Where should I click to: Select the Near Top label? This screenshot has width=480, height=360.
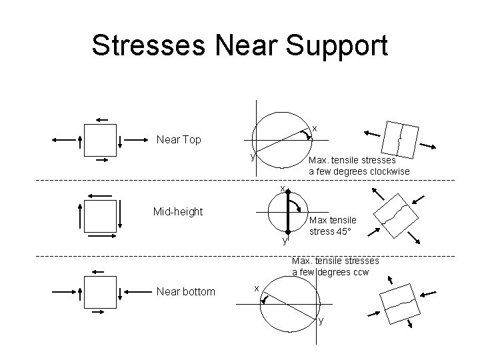coord(178,140)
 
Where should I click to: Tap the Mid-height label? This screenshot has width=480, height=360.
coord(178,211)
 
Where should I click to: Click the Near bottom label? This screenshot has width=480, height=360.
coord(185,291)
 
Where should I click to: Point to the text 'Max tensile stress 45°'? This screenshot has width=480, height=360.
coord(333,225)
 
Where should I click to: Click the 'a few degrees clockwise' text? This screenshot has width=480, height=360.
coord(359,171)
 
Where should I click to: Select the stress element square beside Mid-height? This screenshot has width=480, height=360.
coord(99,215)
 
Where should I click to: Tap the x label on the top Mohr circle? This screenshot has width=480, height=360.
coord(315,128)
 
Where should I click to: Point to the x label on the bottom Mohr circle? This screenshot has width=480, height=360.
coord(257,288)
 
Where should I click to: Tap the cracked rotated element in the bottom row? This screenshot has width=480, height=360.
coord(400,303)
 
